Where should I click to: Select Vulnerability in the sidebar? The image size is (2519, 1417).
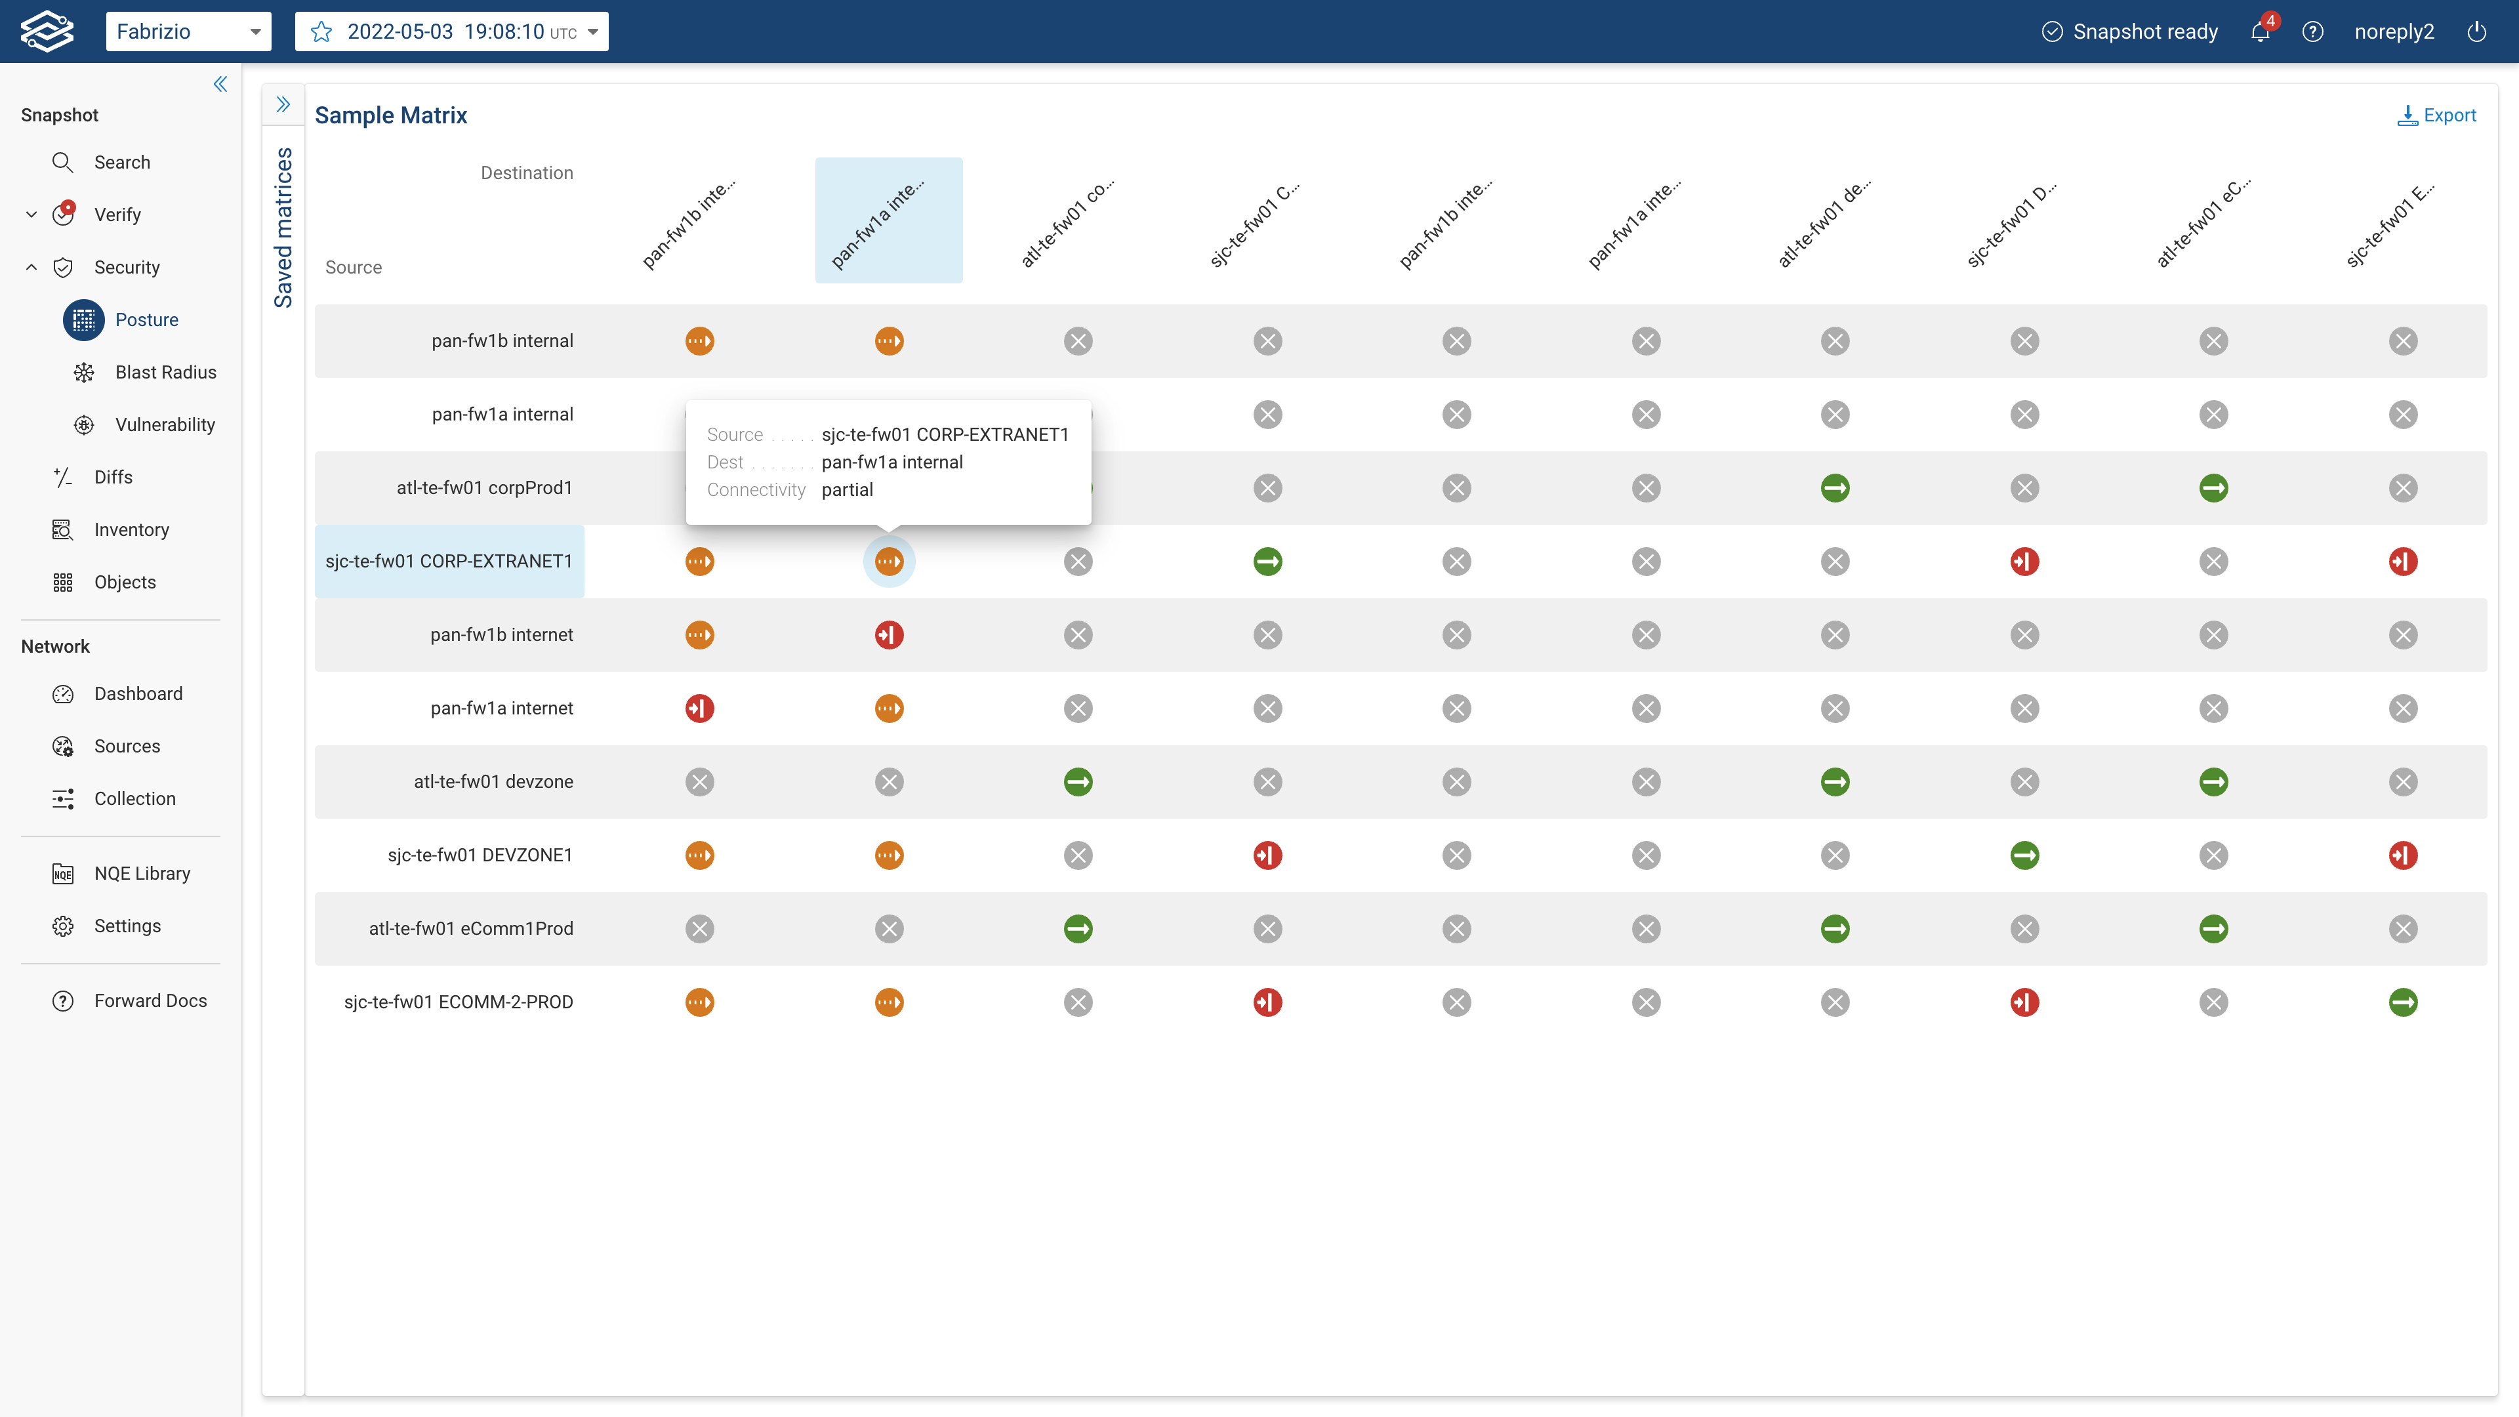(164, 424)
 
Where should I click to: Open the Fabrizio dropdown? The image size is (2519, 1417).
(188, 31)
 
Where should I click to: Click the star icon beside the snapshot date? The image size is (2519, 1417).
(321, 31)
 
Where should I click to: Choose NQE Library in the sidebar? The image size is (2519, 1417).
(142, 873)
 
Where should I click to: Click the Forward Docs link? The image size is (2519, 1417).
(150, 1000)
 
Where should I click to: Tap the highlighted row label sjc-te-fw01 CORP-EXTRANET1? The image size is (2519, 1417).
(449, 562)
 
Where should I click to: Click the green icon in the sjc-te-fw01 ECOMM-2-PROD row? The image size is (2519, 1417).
(2403, 1002)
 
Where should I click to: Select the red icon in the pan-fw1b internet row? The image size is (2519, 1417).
(889, 634)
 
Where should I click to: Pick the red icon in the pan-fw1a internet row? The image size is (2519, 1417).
(699, 708)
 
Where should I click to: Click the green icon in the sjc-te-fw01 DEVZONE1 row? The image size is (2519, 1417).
(2024, 855)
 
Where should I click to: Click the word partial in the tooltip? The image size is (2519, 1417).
(847, 490)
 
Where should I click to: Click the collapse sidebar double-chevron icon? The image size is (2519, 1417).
(220, 84)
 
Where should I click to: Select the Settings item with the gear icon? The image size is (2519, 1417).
(127, 926)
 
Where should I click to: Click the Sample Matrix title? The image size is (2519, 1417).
(390, 115)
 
